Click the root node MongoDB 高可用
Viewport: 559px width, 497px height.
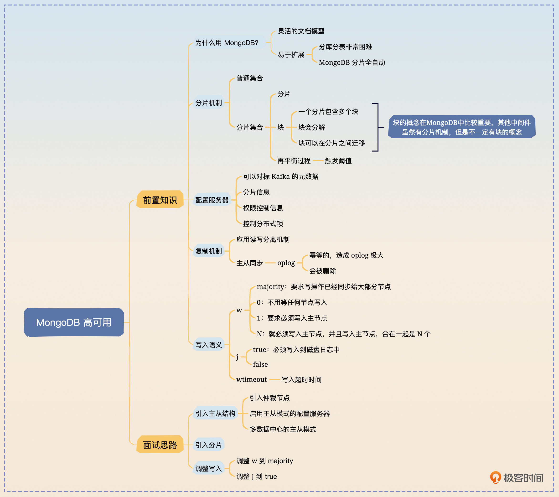coord(74,322)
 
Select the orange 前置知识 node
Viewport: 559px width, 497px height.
coord(160,200)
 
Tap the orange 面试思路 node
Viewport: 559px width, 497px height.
coord(160,445)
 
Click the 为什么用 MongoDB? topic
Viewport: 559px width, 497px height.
coord(227,43)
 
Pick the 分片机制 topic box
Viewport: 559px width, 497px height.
coord(208,103)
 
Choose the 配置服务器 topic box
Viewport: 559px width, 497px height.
coord(212,200)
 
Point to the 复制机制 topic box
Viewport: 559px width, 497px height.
coord(208,251)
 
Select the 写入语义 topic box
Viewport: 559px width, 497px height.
coord(208,345)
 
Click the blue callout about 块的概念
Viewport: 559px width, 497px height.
coord(462,127)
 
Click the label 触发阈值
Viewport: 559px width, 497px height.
coord(338,161)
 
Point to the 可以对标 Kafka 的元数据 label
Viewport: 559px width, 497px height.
coord(281,177)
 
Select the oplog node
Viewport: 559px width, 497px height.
coord(286,263)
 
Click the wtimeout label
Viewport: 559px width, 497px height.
coord(251,379)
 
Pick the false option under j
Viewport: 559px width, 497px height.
coord(260,364)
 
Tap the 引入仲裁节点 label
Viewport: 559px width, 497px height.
coord(269,398)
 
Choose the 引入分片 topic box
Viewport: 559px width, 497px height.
coord(208,445)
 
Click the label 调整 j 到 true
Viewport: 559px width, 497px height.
coord(257,476)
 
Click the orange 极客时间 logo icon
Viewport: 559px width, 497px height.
coord(495,477)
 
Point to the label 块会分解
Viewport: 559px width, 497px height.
coord(311,127)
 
